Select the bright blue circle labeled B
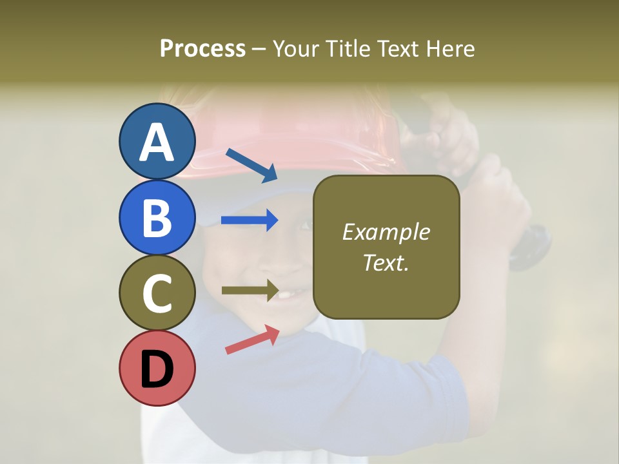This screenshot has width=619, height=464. [157, 217]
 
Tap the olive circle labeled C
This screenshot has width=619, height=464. [157, 293]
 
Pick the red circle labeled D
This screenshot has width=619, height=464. [157, 368]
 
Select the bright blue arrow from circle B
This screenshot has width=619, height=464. [250, 220]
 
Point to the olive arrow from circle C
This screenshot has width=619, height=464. [250, 290]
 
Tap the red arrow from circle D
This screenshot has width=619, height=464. [252, 340]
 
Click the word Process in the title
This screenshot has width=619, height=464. [202, 48]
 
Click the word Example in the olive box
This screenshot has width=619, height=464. [386, 232]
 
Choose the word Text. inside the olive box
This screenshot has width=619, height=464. [386, 262]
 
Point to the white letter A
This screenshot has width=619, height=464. [157, 142]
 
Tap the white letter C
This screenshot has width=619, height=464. [157, 294]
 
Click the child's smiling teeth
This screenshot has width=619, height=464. [288, 295]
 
